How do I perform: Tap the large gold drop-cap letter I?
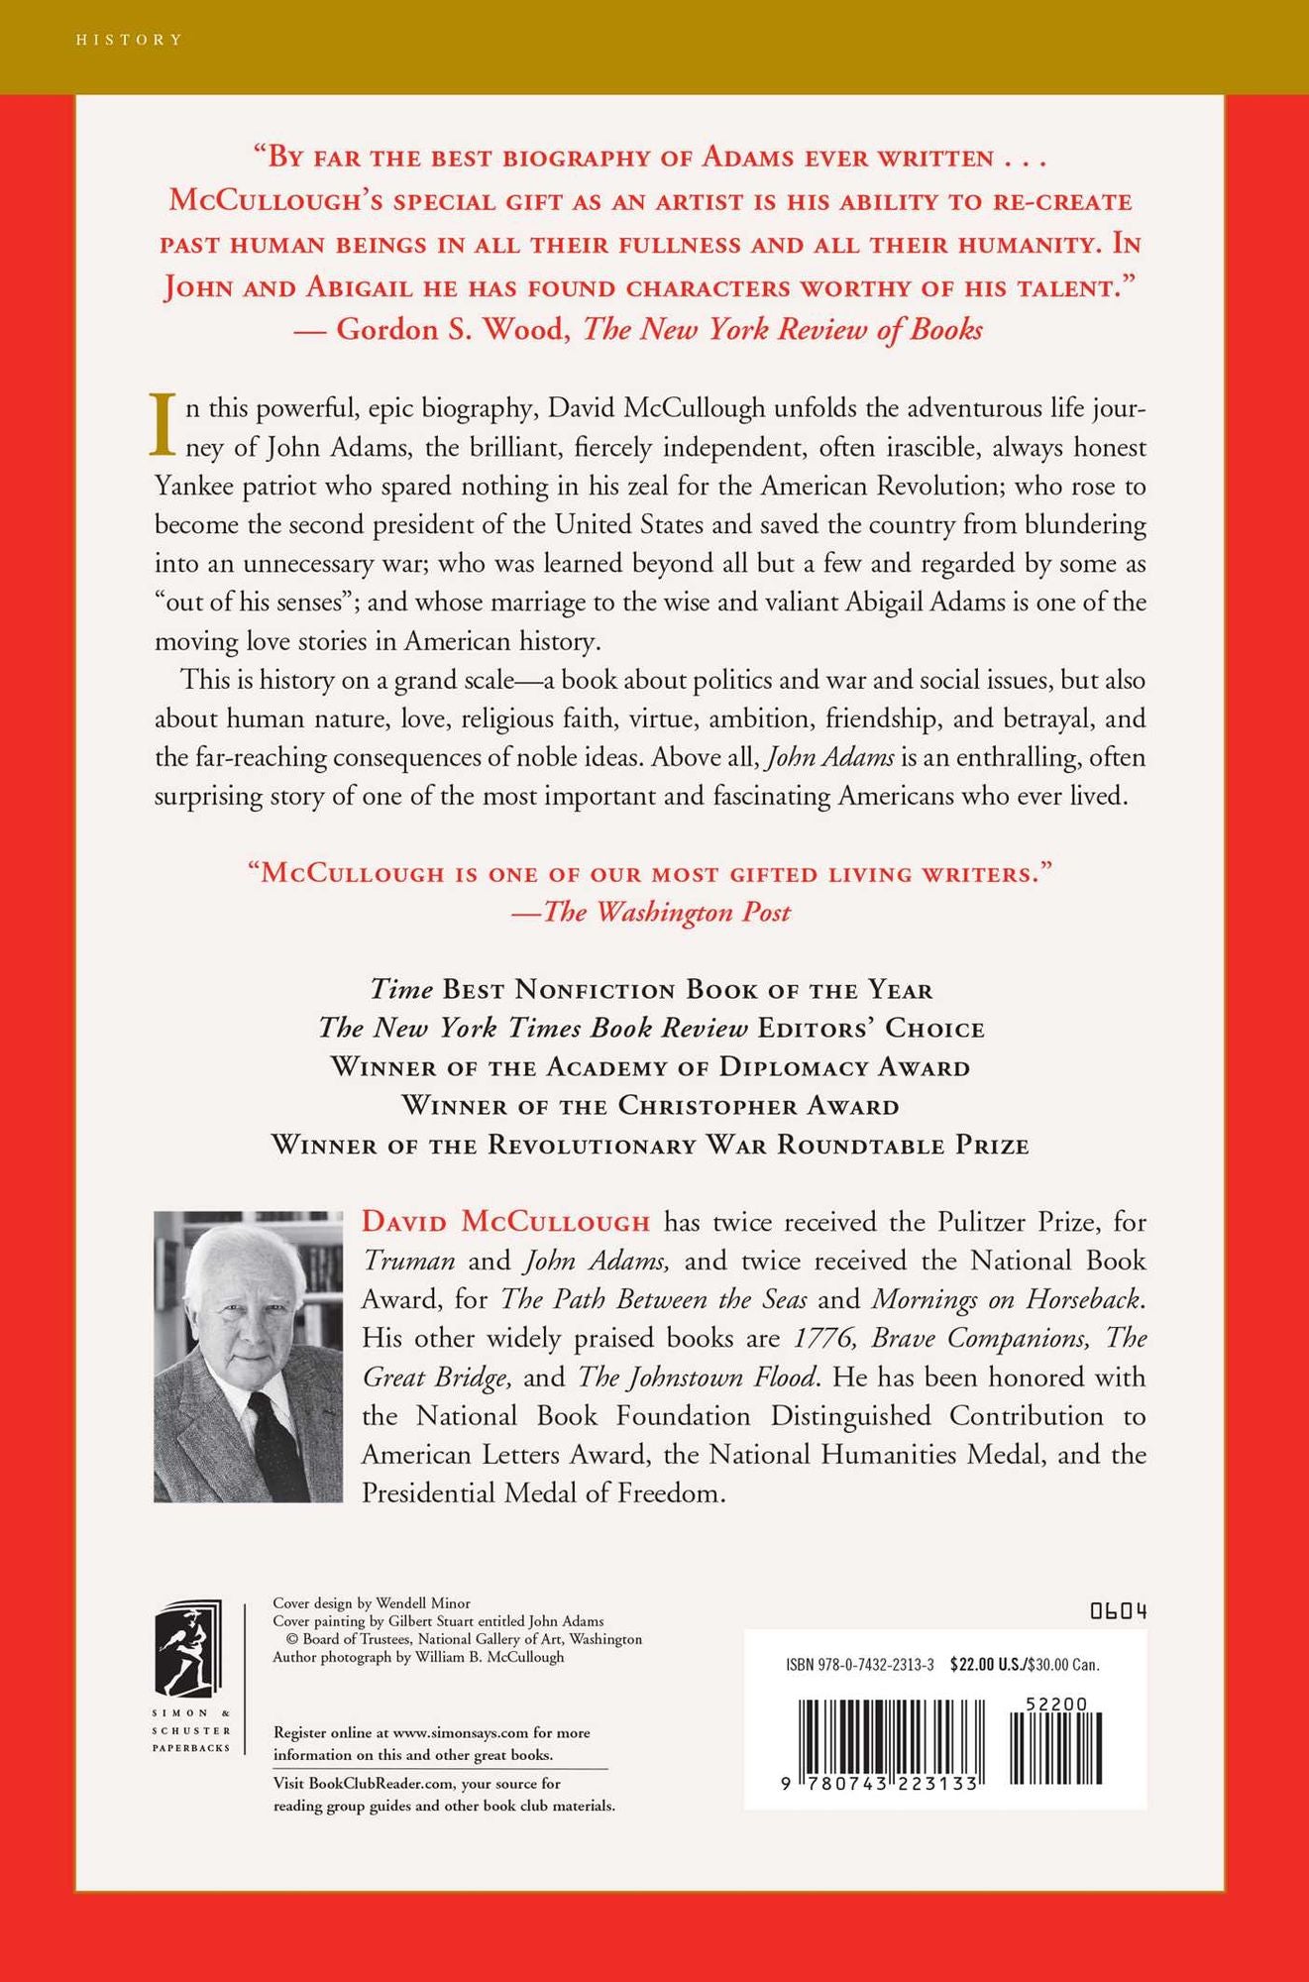[163, 423]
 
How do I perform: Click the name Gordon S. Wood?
[453, 330]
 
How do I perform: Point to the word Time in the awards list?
[401, 990]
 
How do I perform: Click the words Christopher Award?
[759, 1106]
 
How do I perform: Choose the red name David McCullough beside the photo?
[505, 1222]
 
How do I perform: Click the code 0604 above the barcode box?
[1119, 1611]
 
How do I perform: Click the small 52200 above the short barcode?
[1058, 1704]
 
